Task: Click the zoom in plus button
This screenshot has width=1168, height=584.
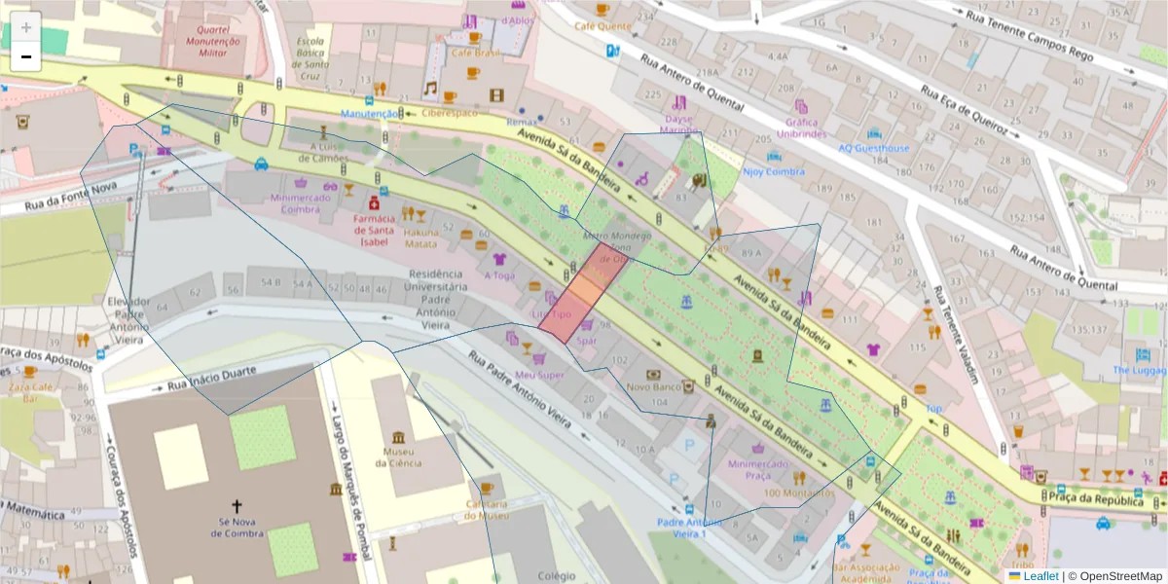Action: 26,26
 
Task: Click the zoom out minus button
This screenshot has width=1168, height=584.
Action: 26,56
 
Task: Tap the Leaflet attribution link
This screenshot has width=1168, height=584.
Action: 1040,576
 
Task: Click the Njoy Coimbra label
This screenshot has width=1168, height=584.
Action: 773,171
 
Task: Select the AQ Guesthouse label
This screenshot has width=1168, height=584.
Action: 874,148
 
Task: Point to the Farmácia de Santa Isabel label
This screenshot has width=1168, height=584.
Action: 373,231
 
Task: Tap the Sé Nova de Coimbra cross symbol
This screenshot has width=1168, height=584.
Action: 235,505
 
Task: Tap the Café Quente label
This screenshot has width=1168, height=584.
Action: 602,26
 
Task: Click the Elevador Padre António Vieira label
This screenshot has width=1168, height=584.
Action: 129,314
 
